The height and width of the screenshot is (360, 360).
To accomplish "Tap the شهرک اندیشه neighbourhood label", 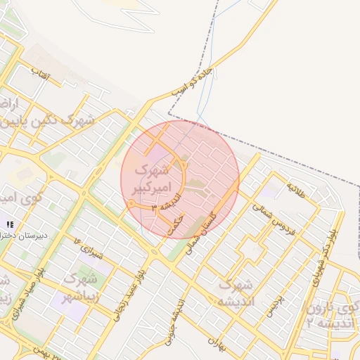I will pos(236,293).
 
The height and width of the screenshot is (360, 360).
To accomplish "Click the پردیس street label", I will pos(275,306).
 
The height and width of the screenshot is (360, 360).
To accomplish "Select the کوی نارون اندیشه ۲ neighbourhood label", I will pos(330,315).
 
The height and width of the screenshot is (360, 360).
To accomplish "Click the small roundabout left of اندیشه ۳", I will pos(131,204).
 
